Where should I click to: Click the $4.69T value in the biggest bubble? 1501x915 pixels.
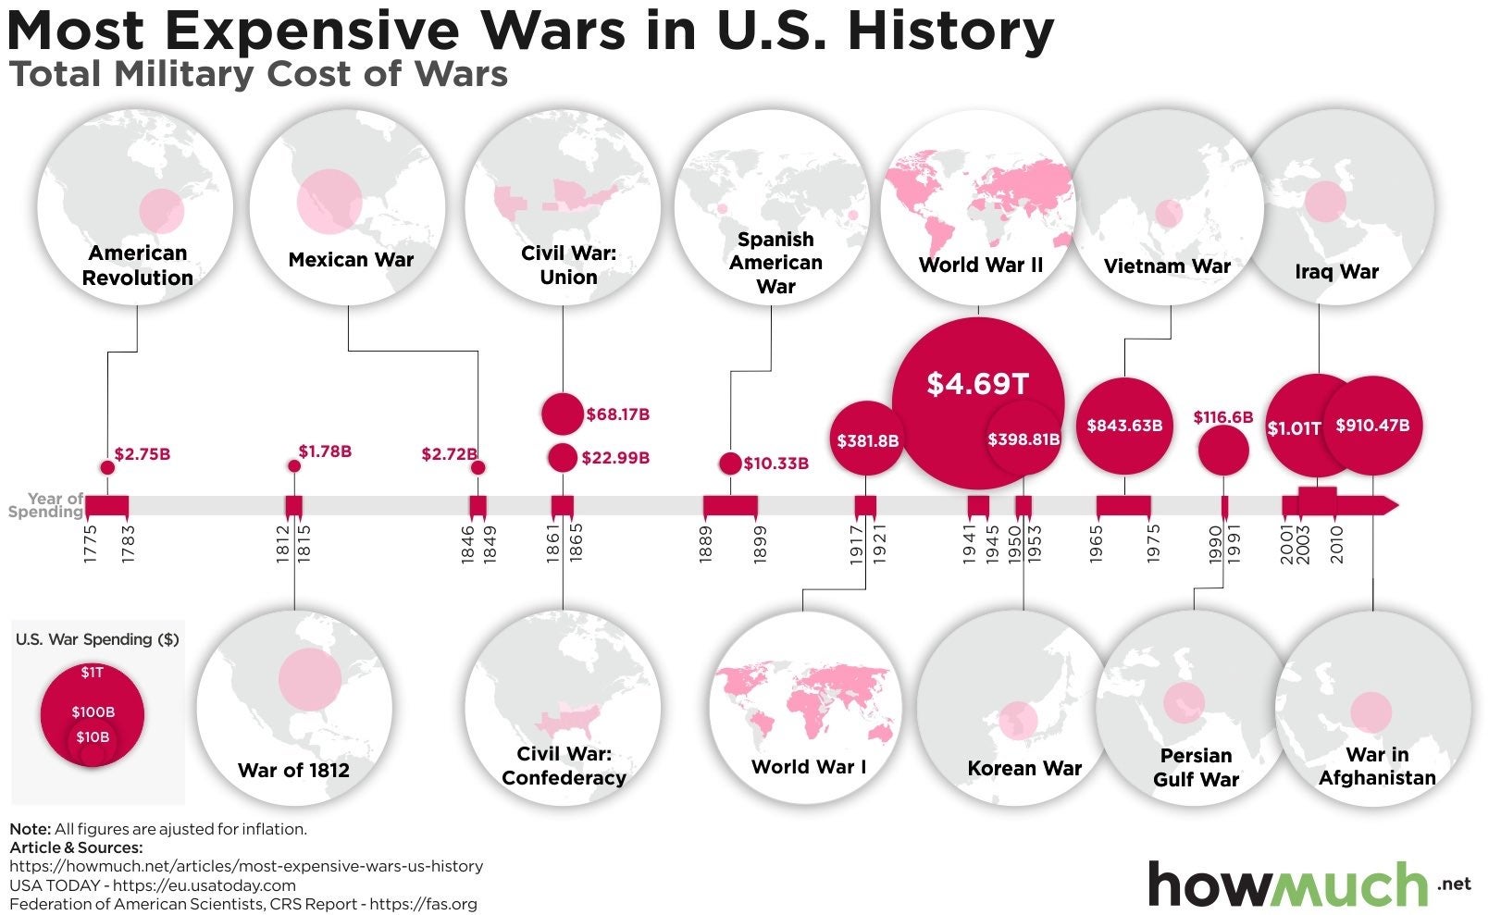978,383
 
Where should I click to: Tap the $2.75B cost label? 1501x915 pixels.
143,454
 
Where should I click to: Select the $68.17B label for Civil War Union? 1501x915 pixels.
617,414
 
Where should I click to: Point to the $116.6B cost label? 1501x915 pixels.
1222,417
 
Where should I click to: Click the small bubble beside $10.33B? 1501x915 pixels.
730,464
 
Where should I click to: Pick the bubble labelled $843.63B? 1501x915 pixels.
1124,426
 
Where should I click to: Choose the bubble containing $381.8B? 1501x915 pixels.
867,440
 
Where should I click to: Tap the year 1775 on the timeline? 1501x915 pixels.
90,544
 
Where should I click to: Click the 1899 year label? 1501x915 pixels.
761,544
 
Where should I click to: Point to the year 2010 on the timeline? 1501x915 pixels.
1337,544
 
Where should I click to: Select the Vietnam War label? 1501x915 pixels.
1167,266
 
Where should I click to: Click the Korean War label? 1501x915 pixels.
1024,769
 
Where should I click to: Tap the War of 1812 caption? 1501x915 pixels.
293,771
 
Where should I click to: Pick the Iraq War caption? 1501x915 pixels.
1336,272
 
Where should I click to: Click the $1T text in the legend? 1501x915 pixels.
92,673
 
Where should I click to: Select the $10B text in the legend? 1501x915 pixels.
93,737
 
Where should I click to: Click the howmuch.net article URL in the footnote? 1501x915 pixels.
246,867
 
